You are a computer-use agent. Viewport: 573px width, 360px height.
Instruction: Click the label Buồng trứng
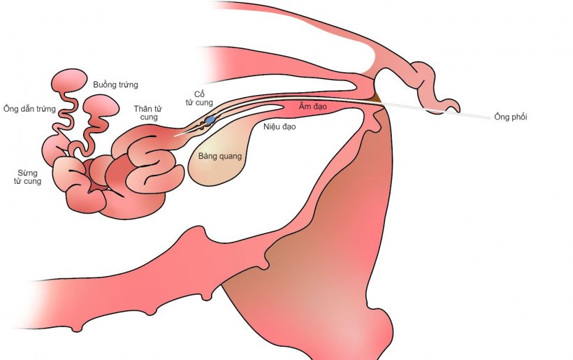115,85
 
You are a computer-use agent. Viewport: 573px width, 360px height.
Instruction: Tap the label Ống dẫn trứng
29,108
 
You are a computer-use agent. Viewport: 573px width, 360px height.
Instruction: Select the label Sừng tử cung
27,177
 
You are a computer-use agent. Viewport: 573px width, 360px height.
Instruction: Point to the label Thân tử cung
149,113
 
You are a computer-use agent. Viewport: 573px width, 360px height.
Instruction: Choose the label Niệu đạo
280,127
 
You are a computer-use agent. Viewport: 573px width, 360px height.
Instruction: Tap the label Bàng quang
220,156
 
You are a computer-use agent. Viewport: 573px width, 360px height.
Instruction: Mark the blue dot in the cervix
210,120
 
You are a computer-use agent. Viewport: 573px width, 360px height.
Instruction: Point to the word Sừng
27,172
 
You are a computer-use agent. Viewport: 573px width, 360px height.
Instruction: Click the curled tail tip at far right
454,106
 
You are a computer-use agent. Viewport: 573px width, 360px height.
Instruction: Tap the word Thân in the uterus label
143,108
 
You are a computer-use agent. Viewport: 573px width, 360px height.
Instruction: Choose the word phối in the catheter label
518,117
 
